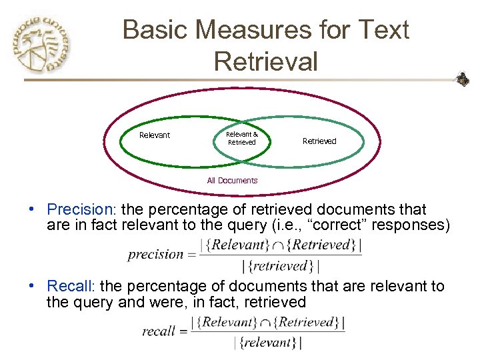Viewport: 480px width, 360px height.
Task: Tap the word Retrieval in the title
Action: (265, 61)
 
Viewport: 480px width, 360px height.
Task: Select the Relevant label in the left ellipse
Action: (155, 135)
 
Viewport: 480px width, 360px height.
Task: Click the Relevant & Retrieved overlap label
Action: (241, 138)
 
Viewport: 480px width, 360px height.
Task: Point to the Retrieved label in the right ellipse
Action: (319, 141)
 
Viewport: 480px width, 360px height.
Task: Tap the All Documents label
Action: (232, 181)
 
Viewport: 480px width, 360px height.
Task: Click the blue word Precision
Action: (72, 209)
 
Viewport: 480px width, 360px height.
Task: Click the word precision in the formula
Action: (155, 254)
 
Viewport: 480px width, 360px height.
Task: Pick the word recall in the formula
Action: (158, 331)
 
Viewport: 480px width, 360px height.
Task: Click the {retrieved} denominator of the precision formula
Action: (281, 267)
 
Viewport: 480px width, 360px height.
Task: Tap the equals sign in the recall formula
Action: (181, 331)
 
